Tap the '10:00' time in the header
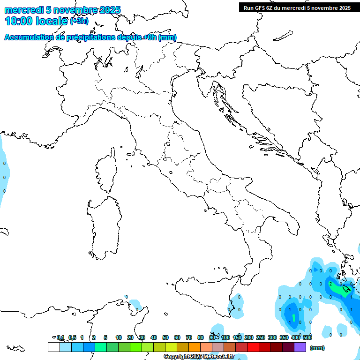pos(19,21)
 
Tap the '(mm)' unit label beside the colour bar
pos(317,348)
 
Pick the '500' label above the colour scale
pos(307,337)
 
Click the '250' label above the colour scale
pos(261,337)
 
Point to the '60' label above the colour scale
pos(177,337)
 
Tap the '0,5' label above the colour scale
pos(72,337)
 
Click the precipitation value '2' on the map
pos(330,284)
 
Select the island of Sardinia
pos(102,225)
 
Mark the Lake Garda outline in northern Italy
pos(139,71)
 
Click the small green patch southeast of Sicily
pos(294,317)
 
